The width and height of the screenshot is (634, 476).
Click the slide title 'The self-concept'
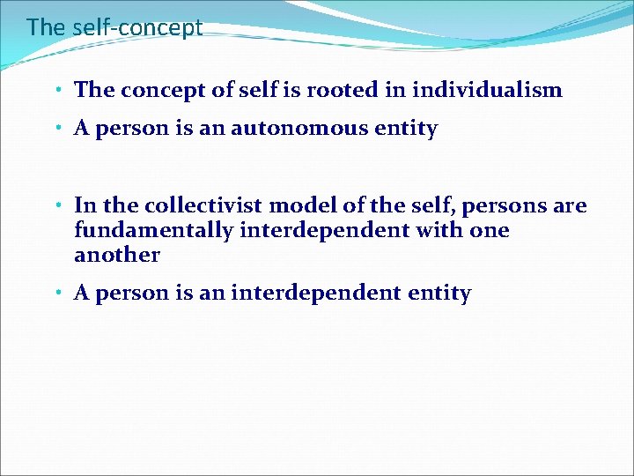(114, 27)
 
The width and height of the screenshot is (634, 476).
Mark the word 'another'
(117, 256)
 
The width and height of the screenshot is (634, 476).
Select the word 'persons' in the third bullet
(496, 206)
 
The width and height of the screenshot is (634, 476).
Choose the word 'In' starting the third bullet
(85, 206)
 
